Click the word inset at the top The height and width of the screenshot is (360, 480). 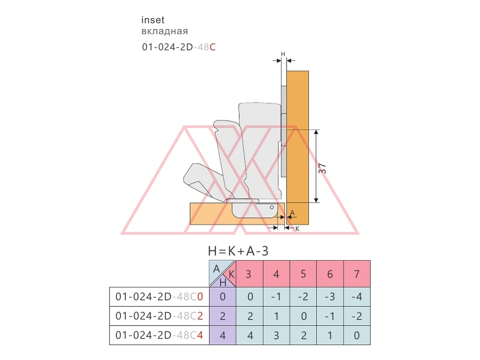tap(153, 20)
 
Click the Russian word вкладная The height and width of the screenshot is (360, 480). tap(165, 31)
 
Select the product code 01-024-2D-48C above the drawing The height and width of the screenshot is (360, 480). tap(179, 47)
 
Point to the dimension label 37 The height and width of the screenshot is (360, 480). tap(322, 169)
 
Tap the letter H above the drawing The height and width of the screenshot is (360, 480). tap(283, 54)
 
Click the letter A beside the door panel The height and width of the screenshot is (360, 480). tap(292, 213)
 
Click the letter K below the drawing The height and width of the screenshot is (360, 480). tap(297, 229)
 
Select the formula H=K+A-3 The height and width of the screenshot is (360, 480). tap(238, 251)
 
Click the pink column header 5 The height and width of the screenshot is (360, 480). tap(303, 274)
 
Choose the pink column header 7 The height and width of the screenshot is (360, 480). tap(357, 274)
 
